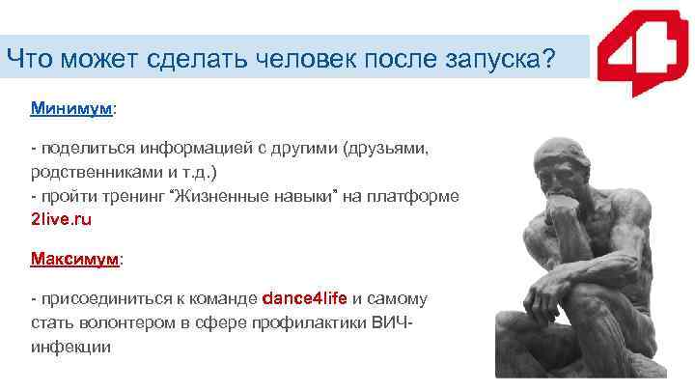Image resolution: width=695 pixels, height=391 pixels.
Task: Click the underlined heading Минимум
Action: (x=71, y=109)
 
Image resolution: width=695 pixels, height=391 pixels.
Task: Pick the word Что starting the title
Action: (x=30, y=60)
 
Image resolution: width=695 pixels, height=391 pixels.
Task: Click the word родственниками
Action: (x=97, y=172)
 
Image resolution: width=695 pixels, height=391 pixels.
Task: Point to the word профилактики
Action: (x=312, y=322)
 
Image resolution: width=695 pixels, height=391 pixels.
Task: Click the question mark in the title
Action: (x=547, y=60)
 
